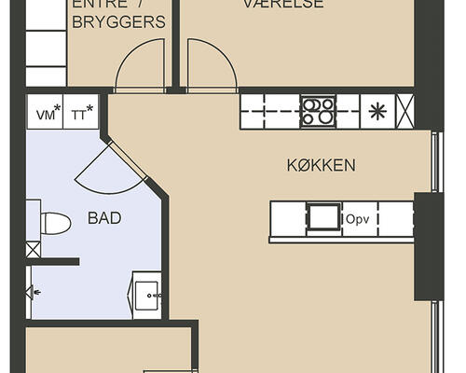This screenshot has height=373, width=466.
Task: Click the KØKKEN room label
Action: click(321, 166)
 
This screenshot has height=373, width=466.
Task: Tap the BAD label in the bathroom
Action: click(103, 218)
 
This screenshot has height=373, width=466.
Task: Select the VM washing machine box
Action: click(45, 114)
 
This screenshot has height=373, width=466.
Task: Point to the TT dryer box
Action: click(82, 114)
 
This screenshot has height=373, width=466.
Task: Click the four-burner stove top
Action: click(318, 111)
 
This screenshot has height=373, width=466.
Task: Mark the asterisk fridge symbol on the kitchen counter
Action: click(377, 111)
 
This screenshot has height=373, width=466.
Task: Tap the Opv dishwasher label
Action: click(359, 219)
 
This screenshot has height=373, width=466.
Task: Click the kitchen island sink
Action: click(323, 217)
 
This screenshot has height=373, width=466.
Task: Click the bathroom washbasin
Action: click(146, 296)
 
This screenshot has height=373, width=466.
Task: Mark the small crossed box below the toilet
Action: click(34, 249)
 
